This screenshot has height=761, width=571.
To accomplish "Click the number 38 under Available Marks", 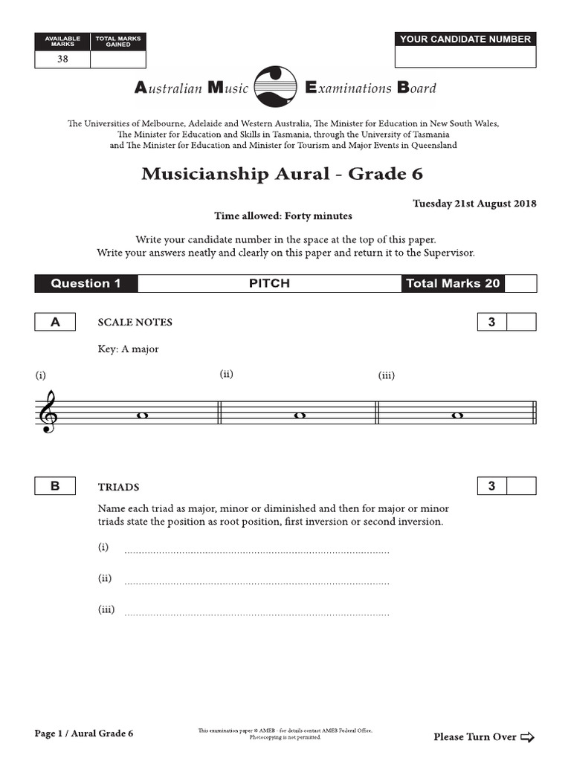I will click(x=62, y=59).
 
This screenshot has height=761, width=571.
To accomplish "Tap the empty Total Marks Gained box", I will click(x=117, y=59).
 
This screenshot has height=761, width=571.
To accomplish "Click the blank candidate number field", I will click(x=465, y=57).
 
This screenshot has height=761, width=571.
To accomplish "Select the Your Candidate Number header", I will click(x=465, y=39).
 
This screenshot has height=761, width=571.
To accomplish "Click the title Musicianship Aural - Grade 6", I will click(x=282, y=174).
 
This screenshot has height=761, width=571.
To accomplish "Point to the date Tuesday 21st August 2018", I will click(x=474, y=204).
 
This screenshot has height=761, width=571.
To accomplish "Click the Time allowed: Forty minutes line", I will click(x=283, y=216).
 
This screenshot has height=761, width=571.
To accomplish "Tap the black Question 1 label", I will click(x=86, y=283).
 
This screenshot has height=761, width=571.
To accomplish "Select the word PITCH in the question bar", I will click(x=269, y=283).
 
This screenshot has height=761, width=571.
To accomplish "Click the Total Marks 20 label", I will click(x=452, y=283).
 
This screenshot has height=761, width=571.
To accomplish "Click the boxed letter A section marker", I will click(x=54, y=322).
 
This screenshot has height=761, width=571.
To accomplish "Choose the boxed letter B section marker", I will click(x=54, y=487).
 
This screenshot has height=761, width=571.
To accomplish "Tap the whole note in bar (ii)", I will click(x=300, y=416).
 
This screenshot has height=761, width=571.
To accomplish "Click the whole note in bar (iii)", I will click(x=457, y=416).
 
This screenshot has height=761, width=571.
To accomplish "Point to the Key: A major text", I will click(x=128, y=349).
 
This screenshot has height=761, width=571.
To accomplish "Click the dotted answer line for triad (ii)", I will click(x=257, y=583).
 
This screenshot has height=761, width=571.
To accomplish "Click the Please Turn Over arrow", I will click(x=527, y=737).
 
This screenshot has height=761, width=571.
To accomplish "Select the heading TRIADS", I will click(x=118, y=488).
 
